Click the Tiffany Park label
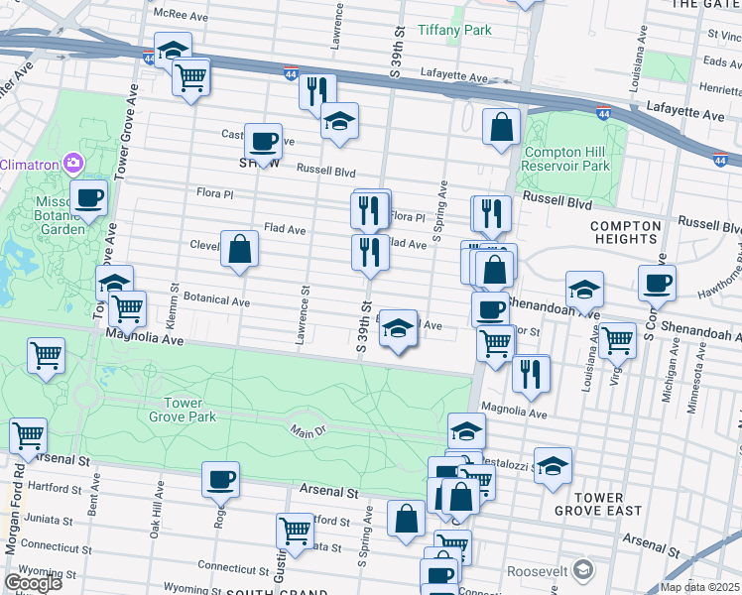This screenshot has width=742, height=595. pos(454,31)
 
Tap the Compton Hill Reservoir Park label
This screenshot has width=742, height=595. pos(567,160)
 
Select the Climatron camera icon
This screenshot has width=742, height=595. pos(71,163)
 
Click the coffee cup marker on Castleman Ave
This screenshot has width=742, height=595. pos(263,142)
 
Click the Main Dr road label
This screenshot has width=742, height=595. pos(309,430)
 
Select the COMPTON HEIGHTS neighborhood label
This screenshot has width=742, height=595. pos(625,232)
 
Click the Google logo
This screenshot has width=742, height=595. pos(33,583)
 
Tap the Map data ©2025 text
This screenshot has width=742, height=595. pos(699,587)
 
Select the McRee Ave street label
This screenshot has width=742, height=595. pos(181,14)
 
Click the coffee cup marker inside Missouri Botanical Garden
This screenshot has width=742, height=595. pos(88,197)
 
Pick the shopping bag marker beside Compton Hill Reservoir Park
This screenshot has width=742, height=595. pos(502,127)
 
